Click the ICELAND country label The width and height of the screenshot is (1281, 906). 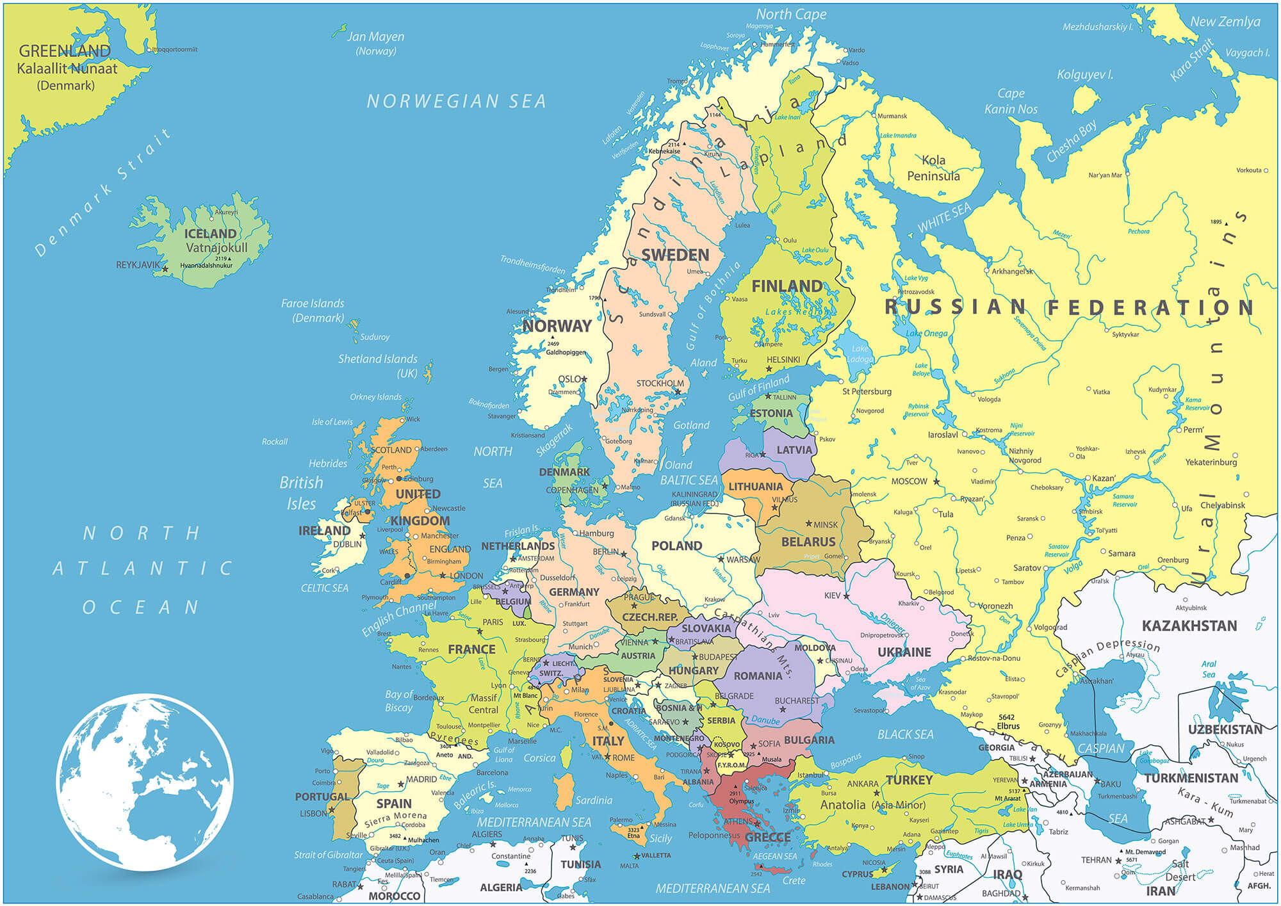tap(210, 234)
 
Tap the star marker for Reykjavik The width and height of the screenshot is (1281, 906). tap(165, 269)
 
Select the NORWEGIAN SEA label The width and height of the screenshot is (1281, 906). tap(456, 101)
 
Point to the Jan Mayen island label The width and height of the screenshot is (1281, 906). tap(375, 37)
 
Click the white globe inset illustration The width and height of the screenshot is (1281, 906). tap(145, 782)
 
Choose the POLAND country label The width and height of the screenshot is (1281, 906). tap(676, 546)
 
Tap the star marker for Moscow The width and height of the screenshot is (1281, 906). tap(936, 481)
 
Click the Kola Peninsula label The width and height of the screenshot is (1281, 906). tap(933, 168)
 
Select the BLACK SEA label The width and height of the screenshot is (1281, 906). tap(905, 734)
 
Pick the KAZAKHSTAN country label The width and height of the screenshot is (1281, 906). tap(1189, 626)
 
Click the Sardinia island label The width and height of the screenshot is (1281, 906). tap(594, 800)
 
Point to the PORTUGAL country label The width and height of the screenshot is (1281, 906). tap(322, 797)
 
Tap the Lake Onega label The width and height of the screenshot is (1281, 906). tap(926, 333)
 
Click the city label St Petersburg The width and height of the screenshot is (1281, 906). tap(867, 391)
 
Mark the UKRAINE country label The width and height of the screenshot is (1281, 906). tap(904, 652)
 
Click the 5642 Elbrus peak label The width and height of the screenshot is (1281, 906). tap(1008, 722)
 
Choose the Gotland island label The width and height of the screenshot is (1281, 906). tap(691, 425)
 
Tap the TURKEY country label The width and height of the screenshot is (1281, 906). tap(909, 780)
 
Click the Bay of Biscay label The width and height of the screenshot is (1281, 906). tap(400, 700)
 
